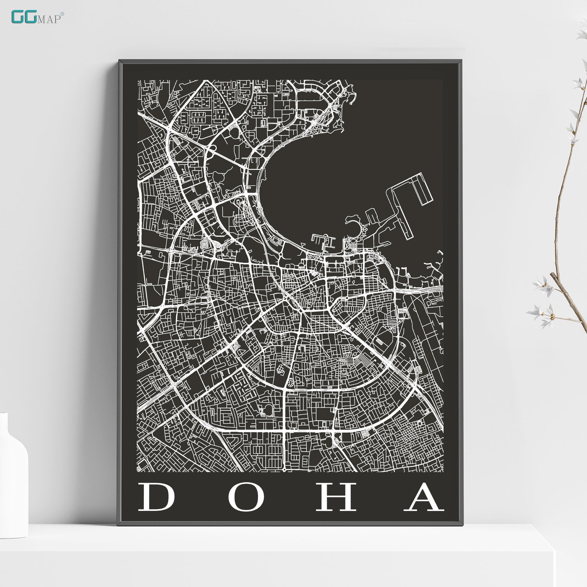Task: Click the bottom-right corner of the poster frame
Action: [x=461, y=524]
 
